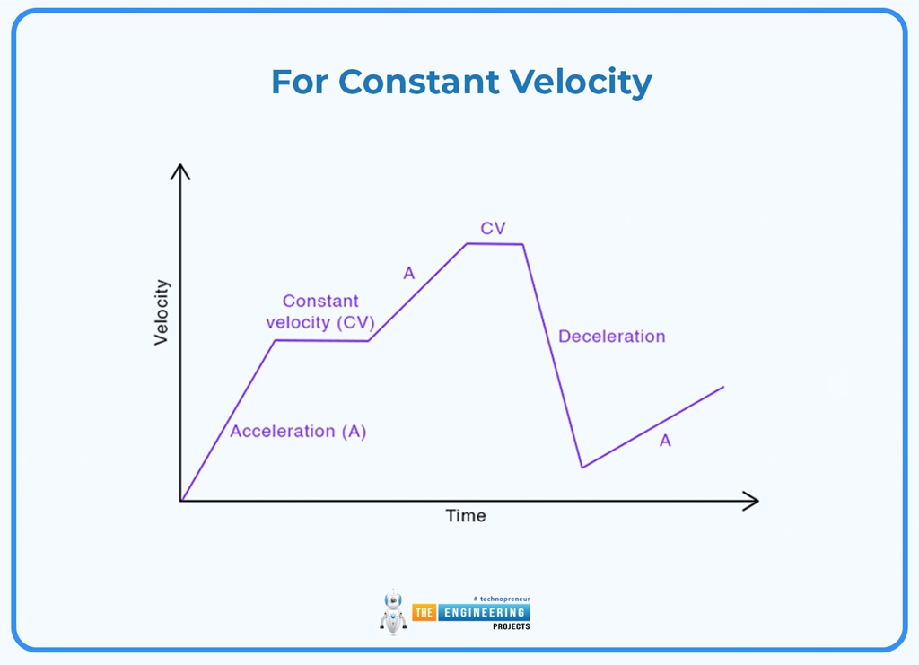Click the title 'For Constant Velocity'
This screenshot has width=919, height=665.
point(461,82)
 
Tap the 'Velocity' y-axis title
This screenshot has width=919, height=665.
point(162,312)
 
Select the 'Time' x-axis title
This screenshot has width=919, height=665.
point(466,516)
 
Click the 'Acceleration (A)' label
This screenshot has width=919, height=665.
point(298,432)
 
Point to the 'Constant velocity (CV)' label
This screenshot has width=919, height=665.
point(320,312)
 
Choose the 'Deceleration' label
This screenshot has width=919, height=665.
point(611,337)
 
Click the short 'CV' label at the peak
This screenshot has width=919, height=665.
point(493,229)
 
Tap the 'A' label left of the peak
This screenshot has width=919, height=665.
point(409,273)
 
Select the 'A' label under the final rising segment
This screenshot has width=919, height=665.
point(665,441)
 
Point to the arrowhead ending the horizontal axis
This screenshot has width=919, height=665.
point(752,501)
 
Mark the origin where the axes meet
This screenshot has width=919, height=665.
point(181,501)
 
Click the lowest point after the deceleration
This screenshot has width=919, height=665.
point(582,467)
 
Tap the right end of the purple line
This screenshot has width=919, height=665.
point(722,387)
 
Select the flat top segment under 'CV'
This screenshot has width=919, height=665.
point(495,243)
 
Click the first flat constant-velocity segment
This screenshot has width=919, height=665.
point(321,340)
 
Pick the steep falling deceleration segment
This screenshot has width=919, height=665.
point(553,355)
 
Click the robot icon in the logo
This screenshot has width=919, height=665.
point(392,612)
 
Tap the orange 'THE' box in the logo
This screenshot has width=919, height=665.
point(424,613)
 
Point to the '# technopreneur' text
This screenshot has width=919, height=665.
point(500,598)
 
